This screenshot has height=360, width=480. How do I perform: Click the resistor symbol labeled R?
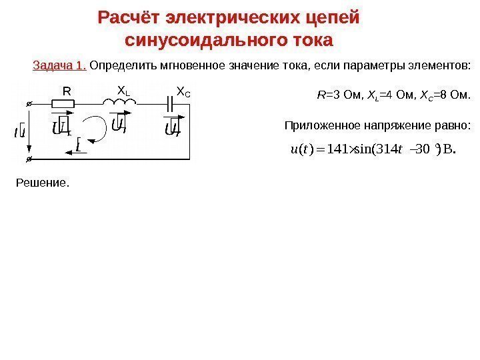point(64,103)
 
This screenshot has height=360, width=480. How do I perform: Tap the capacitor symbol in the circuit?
point(173,103)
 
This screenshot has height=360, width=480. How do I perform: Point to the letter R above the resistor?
point(66,90)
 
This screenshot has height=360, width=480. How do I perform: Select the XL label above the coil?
point(123,89)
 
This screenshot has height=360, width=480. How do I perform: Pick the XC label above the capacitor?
point(183,90)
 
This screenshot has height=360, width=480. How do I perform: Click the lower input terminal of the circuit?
point(29,160)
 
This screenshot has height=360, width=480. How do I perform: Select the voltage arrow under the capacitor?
point(172,125)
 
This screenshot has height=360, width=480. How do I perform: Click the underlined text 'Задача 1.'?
point(59,66)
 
